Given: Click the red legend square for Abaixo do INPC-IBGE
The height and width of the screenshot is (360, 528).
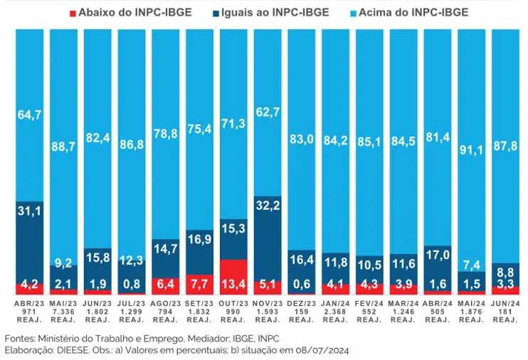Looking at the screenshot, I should pyautogui.click(x=73, y=12).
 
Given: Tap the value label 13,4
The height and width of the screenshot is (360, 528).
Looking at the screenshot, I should pyautogui.click(x=233, y=286).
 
